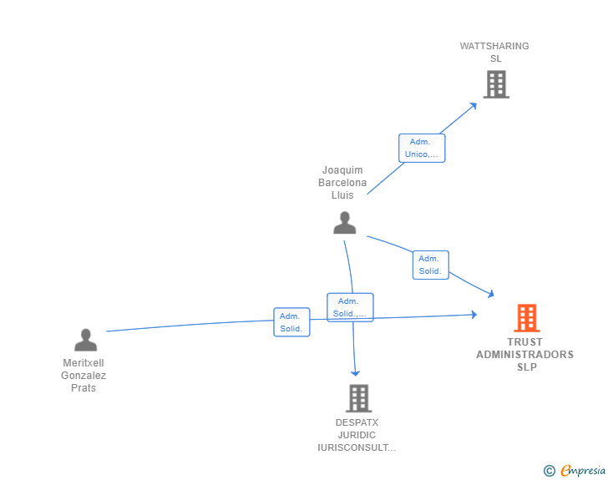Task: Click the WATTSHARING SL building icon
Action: click(496, 83)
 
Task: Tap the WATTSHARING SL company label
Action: click(494, 52)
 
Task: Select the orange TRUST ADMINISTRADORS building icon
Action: click(526, 318)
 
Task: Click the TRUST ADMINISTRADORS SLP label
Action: click(524, 354)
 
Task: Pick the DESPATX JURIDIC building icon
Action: click(357, 398)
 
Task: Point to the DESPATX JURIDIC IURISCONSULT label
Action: click(357, 435)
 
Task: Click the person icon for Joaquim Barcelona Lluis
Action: click(345, 223)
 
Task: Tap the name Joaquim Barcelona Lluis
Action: click(342, 183)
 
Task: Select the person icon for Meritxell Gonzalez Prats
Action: click(85, 340)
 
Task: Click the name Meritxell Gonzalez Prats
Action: click(84, 376)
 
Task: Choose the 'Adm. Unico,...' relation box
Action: click(422, 148)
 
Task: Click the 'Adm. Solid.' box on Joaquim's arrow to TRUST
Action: click(430, 265)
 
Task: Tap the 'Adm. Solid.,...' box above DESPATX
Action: click(350, 307)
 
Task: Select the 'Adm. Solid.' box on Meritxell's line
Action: click(291, 322)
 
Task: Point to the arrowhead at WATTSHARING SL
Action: click(474, 104)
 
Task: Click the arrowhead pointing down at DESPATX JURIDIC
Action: click(355, 373)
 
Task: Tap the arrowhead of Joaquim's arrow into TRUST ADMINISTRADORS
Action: click(491, 293)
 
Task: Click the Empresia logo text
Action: click(583, 471)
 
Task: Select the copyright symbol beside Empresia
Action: click(550, 471)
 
